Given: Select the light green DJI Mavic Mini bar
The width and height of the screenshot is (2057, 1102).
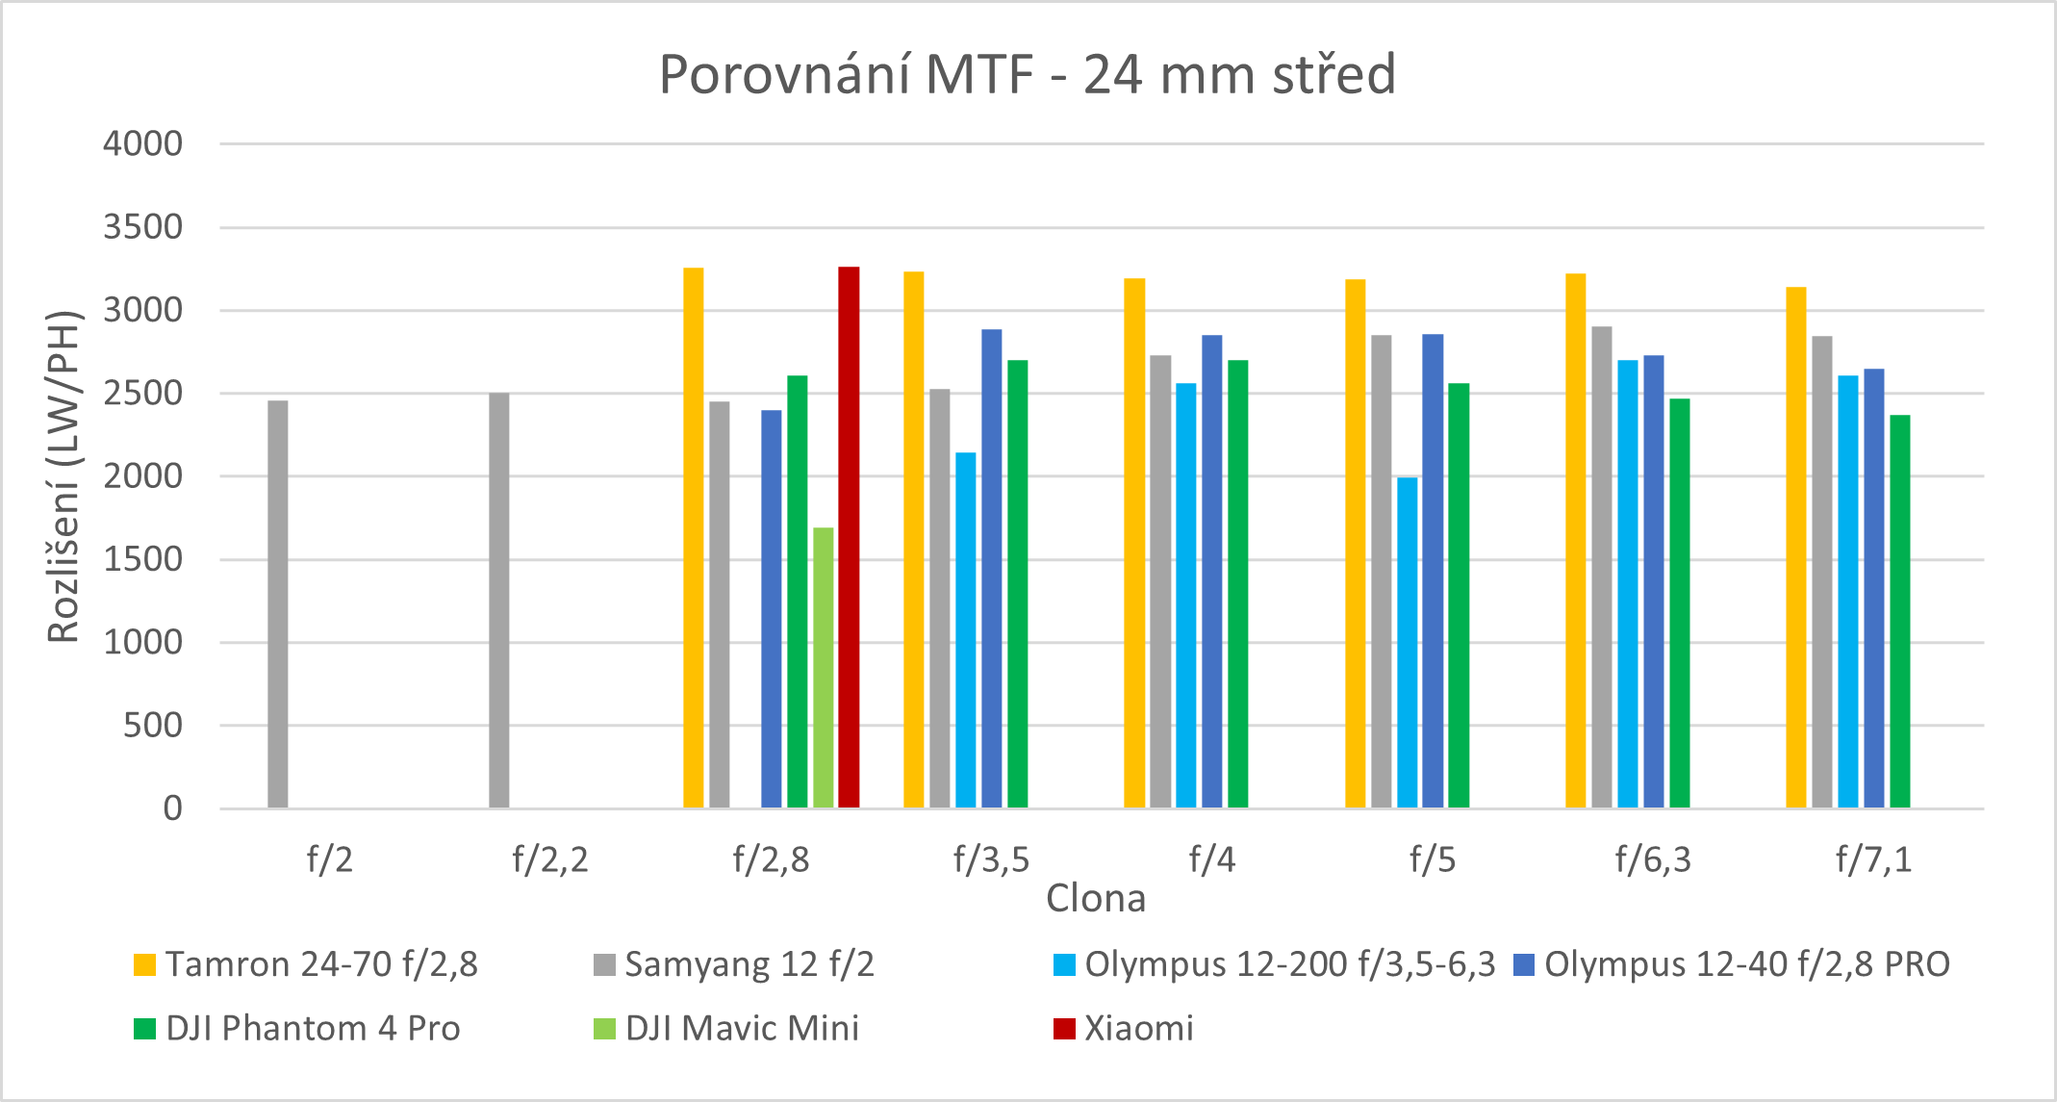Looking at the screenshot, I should tap(823, 668).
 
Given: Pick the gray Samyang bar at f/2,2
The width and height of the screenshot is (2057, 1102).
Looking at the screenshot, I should tap(498, 601).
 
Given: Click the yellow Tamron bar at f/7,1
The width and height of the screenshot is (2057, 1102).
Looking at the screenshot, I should tap(1795, 548).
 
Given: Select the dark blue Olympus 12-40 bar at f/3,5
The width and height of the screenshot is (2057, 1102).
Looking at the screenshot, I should tap(991, 569).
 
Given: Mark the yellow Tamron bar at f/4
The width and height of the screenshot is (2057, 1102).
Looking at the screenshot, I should tap(1134, 543).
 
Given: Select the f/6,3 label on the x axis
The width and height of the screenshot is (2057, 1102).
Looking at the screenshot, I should tap(1652, 859).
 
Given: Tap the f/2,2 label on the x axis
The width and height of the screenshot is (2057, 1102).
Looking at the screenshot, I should tap(549, 859).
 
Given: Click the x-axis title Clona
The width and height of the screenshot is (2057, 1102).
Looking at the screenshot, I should tap(1096, 898).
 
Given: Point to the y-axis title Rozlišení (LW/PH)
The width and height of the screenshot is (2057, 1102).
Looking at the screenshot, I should tap(63, 476).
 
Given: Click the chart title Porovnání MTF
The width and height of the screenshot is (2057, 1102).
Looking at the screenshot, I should tap(1027, 74).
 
